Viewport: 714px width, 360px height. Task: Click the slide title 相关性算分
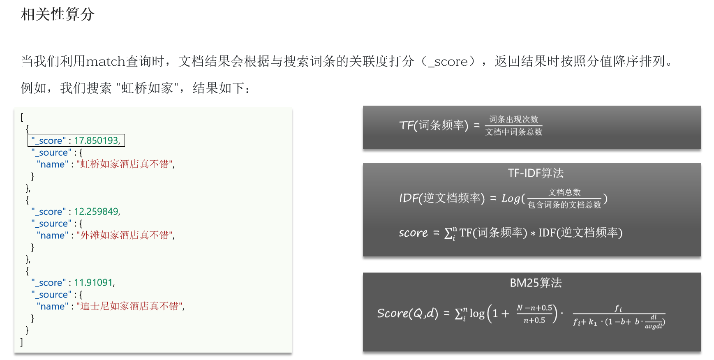pos(58,15)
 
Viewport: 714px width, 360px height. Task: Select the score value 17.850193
pos(97,141)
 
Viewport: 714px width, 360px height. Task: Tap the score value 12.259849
pos(97,212)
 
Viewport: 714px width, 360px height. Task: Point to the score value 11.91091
pos(94,283)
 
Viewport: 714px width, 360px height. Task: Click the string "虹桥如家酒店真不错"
pos(125,164)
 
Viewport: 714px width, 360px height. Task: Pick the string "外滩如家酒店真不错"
pos(125,235)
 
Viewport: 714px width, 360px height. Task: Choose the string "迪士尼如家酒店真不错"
pos(130,307)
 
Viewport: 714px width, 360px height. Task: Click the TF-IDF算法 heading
pos(536,173)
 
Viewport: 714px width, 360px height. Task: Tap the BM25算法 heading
pos(536,283)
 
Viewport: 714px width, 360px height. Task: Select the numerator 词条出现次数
pos(514,119)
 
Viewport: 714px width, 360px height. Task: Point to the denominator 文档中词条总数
pos(514,132)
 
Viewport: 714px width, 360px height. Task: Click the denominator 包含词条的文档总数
pos(564,205)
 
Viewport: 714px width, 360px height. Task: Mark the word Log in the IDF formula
pos(511,198)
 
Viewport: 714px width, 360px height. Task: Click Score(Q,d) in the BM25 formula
pos(407,314)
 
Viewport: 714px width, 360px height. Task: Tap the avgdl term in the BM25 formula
pos(653,326)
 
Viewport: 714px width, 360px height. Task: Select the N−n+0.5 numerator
pos(534,308)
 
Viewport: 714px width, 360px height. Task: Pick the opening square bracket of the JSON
pos(22,117)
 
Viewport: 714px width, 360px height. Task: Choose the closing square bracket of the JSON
pos(22,342)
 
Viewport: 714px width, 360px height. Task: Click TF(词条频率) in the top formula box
pos(433,125)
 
